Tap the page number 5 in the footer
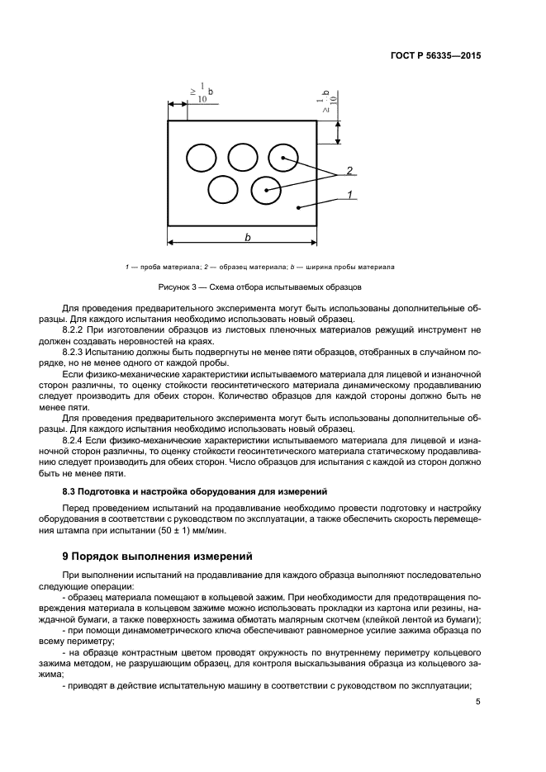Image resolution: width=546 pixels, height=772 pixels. pyautogui.click(x=478, y=702)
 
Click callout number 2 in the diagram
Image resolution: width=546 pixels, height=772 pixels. pyautogui.click(x=349, y=171)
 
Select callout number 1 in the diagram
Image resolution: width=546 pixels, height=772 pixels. pyautogui.click(x=349, y=194)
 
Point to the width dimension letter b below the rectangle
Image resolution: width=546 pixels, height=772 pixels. pyautogui.click(x=247, y=237)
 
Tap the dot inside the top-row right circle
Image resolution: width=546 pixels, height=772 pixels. pyautogui.click(x=282, y=157)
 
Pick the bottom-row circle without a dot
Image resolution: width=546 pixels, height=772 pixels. pyautogui.click(x=222, y=189)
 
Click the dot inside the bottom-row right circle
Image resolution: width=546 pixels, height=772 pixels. pyautogui.click(x=266, y=190)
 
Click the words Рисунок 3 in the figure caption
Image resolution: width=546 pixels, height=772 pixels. pyautogui.click(x=177, y=287)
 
